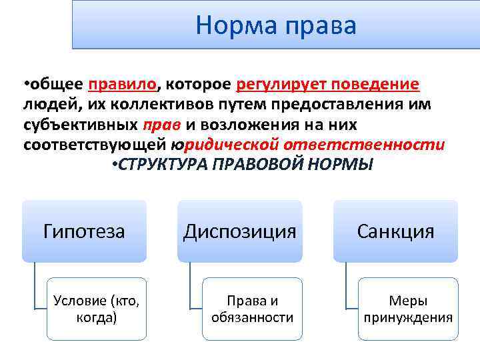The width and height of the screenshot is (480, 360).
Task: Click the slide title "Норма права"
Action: tap(276, 25)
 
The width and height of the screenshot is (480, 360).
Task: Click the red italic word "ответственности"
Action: tap(365, 145)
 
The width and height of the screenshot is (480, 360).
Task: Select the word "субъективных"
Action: tap(81, 125)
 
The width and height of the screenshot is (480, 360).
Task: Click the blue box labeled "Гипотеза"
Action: tap(84, 231)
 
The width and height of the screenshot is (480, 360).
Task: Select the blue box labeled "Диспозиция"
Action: tap(240, 231)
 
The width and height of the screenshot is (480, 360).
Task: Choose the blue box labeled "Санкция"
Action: tap(395, 231)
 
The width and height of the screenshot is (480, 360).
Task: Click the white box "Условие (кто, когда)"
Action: tap(97, 309)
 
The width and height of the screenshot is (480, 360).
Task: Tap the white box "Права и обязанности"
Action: tap(252, 309)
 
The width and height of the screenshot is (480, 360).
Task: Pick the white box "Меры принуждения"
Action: tap(408, 309)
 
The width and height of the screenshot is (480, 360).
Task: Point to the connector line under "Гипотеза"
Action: tap(35, 287)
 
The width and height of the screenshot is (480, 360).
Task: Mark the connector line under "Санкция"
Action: tap(346, 287)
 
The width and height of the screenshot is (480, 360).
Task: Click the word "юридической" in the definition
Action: tap(225, 145)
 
